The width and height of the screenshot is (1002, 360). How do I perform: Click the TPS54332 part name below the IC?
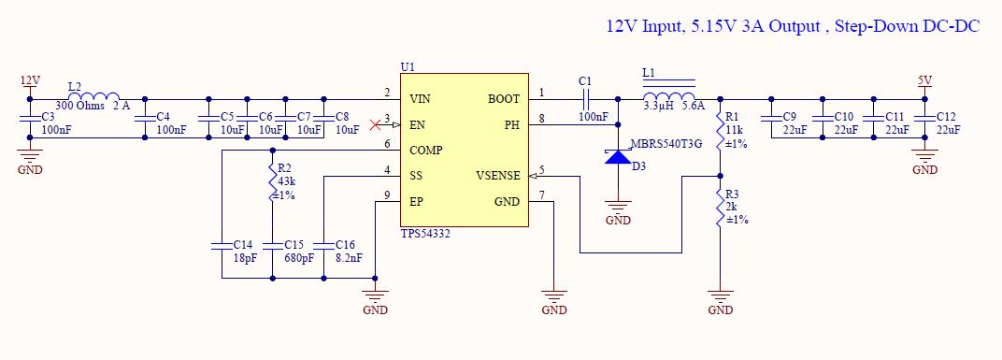(x=425, y=234)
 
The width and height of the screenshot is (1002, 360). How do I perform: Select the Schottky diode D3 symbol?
(x=618, y=156)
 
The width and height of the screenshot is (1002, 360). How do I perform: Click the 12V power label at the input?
(x=30, y=80)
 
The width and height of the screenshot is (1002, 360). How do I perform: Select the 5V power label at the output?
(x=924, y=80)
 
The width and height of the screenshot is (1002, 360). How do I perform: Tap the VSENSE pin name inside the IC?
(x=498, y=176)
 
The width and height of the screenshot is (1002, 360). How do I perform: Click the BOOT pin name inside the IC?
(x=504, y=99)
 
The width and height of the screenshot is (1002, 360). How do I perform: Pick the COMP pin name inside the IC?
(x=425, y=151)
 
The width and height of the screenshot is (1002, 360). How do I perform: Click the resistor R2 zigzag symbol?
(x=273, y=182)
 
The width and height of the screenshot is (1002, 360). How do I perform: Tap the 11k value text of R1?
(x=735, y=131)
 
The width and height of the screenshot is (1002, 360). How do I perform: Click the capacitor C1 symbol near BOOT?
(x=586, y=99)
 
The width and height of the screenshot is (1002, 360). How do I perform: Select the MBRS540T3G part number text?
(x=666, y=144)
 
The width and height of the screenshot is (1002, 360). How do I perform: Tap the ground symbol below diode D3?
(x=618, y=206)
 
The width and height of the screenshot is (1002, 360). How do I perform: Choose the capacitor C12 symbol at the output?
(x=924, y=119)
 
